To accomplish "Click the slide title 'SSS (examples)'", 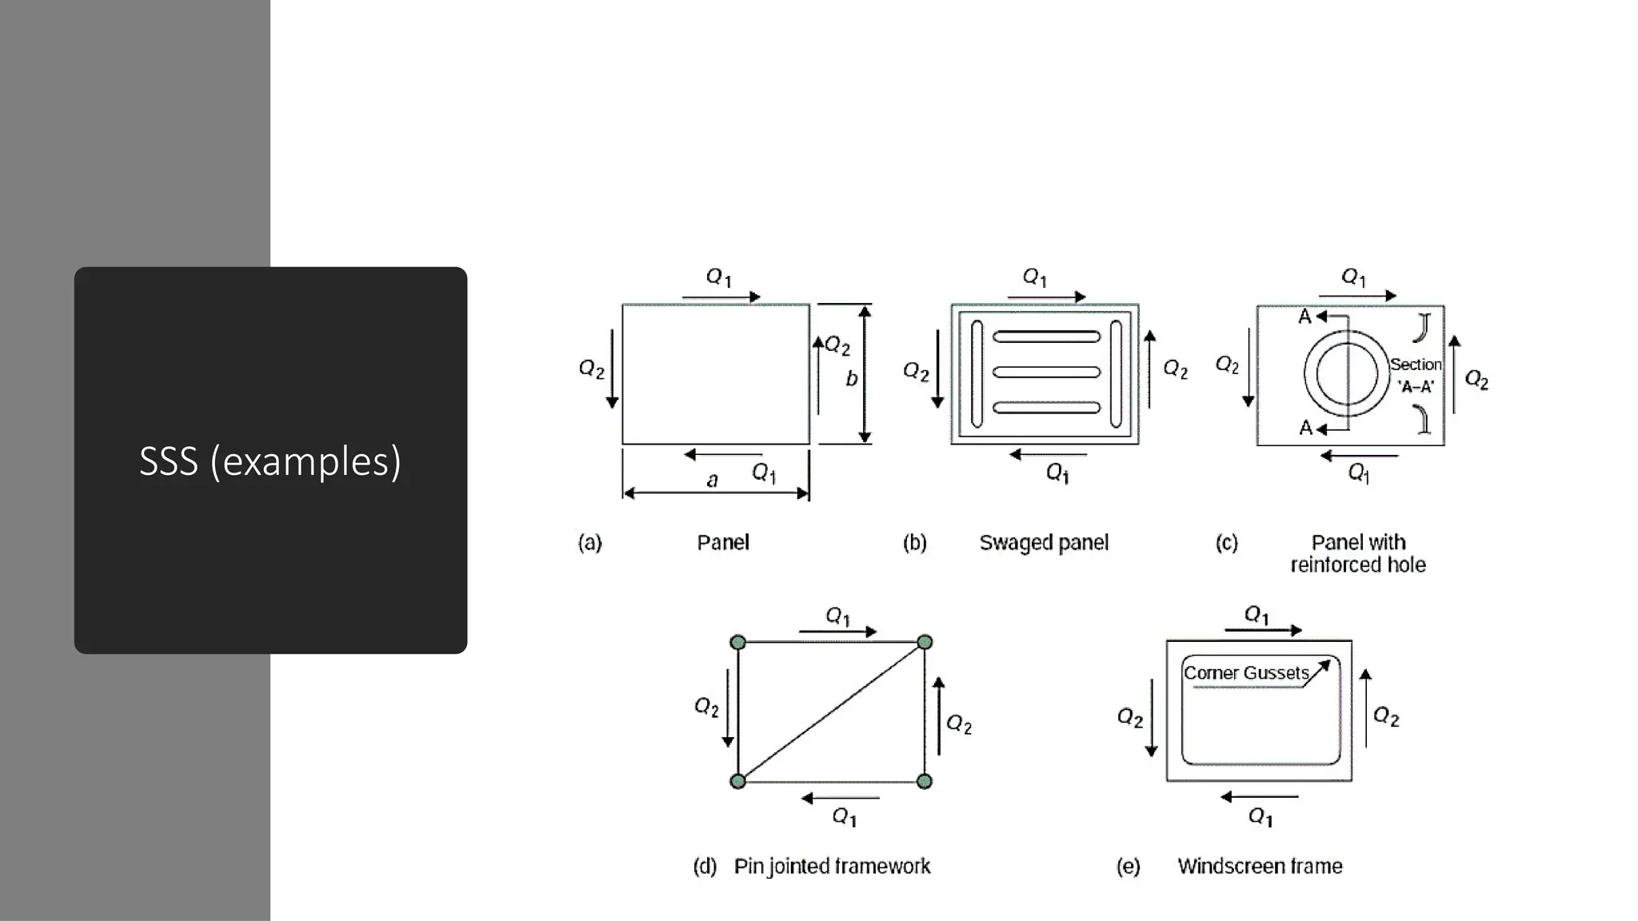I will pos(270,461).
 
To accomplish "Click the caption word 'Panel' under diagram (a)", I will pos(723,543).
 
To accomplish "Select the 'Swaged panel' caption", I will pos(1044,543).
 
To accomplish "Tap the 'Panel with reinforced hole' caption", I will pos(1358,553).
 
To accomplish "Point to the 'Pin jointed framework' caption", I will pos(832,867).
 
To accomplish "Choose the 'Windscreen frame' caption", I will pos(1260,867).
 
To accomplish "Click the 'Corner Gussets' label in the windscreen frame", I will pos(1245,673).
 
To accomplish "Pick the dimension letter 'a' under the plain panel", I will pos(712,480).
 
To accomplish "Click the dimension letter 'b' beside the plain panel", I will pos(851,379).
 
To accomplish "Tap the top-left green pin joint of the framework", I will pos(738,643).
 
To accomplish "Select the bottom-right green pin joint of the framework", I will pos(925,781).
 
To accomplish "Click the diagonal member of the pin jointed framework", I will pos(832,712).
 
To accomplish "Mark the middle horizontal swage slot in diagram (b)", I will pos(1046,372).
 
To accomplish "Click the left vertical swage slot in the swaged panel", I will pos(977,373).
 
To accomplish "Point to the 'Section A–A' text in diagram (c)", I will pos(1416,375).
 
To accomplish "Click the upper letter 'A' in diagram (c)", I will pos(1304,317).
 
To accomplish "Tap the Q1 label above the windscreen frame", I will pos(1256,614).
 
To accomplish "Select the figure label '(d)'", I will pos(705,867).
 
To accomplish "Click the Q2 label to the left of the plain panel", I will pos(591,369).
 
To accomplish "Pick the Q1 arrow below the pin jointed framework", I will pos(840,798).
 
